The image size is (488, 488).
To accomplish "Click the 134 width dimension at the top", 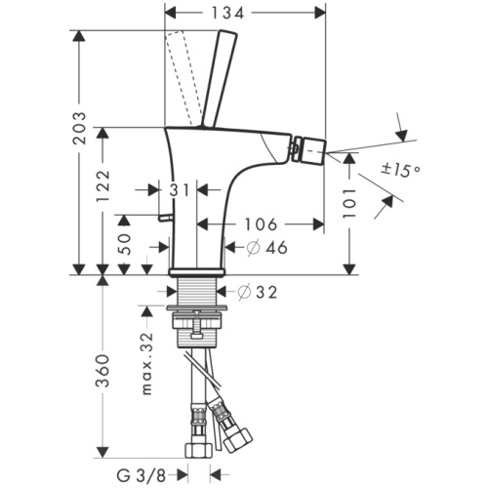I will [x=244, y=12].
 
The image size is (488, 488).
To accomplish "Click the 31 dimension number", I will [x=180, y=190].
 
